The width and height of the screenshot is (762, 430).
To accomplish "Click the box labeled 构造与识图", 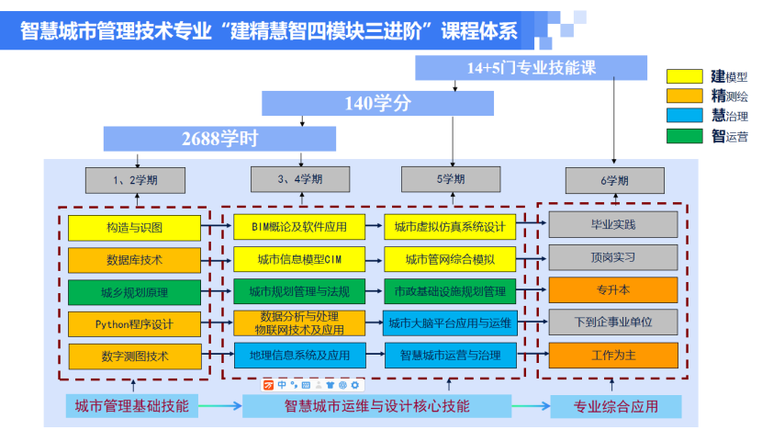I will pos(134,227).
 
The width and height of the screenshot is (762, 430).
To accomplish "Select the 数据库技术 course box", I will pos(134,260).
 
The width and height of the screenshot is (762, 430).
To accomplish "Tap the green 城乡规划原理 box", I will pos(134,292).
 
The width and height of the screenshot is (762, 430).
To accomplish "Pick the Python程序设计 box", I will pos(134,323).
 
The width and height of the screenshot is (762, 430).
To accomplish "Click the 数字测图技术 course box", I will pos(134,355).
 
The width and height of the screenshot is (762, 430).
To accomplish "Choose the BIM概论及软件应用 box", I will pos(298,227).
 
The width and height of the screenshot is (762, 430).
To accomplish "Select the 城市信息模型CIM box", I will pos(298,259).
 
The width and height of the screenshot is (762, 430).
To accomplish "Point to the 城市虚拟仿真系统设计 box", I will pos(450,227).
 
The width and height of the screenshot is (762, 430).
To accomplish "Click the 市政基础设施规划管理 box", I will pos(450,292).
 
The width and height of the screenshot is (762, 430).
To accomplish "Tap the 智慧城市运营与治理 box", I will pos(450,355).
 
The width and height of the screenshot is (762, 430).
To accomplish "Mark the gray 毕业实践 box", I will pos(612,224).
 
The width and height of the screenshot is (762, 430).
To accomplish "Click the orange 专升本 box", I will pos(612,289).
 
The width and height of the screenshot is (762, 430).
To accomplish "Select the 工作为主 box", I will pos(612,355).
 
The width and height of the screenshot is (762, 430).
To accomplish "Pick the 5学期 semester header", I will pos(450,179).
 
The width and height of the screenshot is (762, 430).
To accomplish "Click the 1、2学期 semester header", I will pos(135,180).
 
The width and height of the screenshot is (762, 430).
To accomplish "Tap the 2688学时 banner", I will pos(219,139).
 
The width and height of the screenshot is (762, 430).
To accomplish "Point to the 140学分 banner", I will pos(377,103).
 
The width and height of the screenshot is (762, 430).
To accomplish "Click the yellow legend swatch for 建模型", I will pos(685,76).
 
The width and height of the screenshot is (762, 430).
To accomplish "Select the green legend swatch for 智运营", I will pos(685,137).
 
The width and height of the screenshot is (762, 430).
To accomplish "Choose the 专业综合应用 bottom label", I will pos(616,406).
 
